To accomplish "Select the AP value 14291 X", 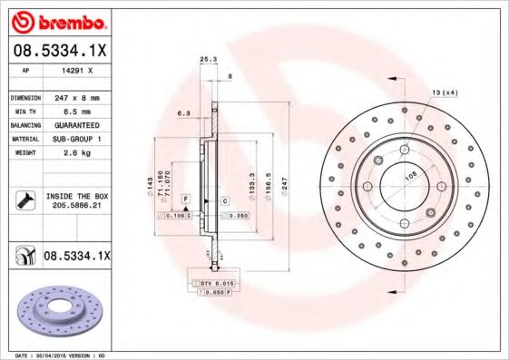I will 77,69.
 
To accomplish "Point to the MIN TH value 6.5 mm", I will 77,110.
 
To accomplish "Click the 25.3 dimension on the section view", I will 207,60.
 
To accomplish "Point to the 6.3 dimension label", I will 183,113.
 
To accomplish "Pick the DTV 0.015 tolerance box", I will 215,285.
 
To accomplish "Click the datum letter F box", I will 185,198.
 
